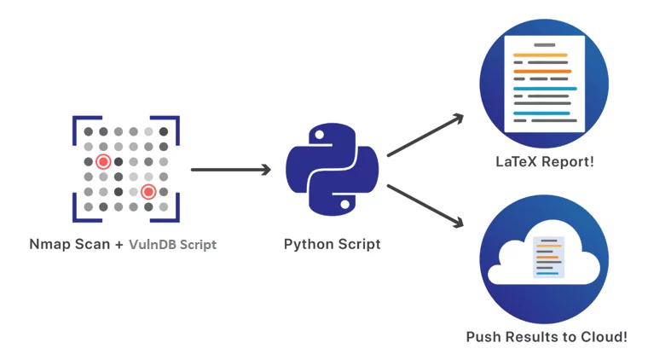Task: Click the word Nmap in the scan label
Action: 48,244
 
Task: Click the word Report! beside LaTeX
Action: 569,161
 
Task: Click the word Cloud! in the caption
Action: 603,337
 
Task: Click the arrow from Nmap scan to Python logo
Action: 230,170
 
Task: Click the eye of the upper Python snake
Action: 317,135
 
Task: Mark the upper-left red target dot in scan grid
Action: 103,161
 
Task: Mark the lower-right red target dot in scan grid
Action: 148,192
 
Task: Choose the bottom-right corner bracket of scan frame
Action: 175,217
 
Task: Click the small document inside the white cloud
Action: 547,257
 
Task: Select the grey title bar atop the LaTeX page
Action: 544,44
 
